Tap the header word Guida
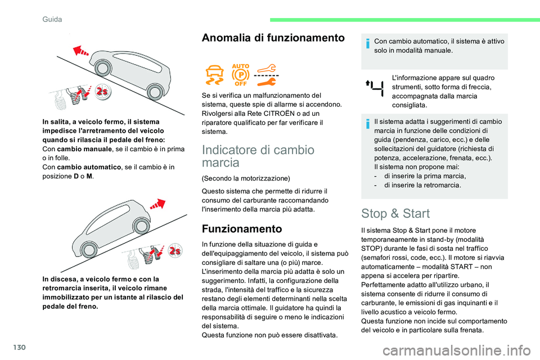[x=52, y=19]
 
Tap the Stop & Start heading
[x=395, y=213]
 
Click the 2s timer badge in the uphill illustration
[x=102, y=92]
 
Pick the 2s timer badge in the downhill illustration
[x=176, y=250]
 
